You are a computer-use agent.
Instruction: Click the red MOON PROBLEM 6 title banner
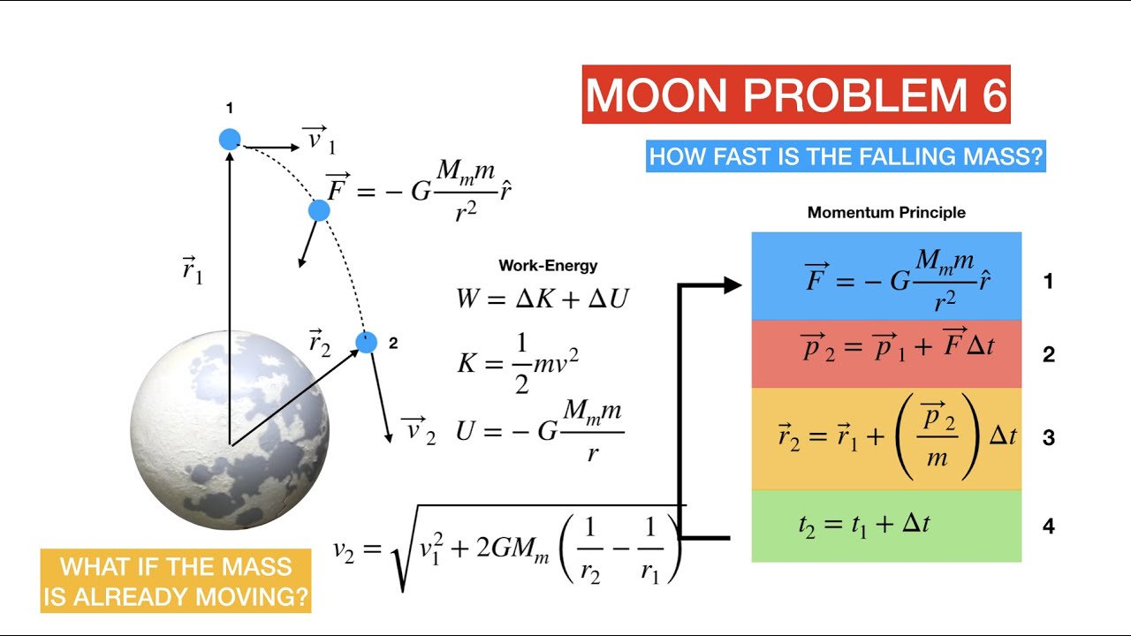pyautogui.click(x=795, y=95)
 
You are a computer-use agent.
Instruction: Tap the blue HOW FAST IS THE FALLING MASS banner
pyautogui.click(x=846, y=157)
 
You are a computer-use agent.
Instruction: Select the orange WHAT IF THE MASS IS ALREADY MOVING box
pyautogui.click(x=177, y=581)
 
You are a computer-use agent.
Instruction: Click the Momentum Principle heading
pyautogui.click(x=886, y=213)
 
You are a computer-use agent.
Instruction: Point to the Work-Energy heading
pyautogui.click(x=548, y=265)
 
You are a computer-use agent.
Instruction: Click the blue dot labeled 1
pyautogui.click(x=230, y=139)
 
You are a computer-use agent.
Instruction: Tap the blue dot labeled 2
pyautogui.click(x=367, y=343)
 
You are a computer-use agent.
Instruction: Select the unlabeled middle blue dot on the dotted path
pyautogui.click(x=319, y=210)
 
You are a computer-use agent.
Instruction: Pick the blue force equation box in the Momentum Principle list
pyautogui.click(x=886, y=276)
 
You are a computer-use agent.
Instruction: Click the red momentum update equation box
pyautogui.click(x=886, y=353)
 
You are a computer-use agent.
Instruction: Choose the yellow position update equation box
pyautogui.click(x=886, y=438)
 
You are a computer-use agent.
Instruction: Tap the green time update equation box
pyautogui.click(x=886, y=526)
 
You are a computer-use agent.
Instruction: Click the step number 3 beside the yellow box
pyautogui.click(x=1049, y=438)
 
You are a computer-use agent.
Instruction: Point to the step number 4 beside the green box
pyautogui.click(x=1049, y=526)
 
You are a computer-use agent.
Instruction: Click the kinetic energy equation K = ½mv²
pyautogui.click(x=518, y=363)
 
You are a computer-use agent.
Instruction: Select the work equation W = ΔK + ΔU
pyautogui.click(x=542, y=299)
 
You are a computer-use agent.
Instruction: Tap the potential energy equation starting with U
pyautogui.click(x=540, y=431)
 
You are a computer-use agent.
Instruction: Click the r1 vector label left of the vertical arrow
pyautogui.click(x=193, y=270)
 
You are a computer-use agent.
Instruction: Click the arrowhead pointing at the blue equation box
pyautogui.click(x=732, y=284)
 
